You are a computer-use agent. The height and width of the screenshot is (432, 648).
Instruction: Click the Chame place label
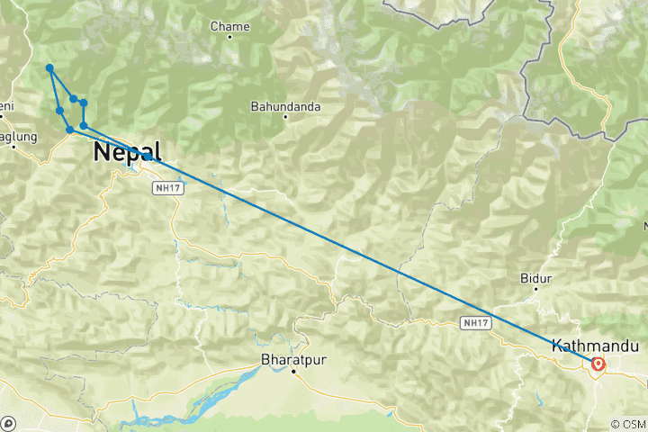[x=229, y=27]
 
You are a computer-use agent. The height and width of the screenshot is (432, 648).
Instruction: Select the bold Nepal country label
[x=126, y=153]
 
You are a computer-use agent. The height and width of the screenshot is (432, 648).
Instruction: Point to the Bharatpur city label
[x=292, y=360]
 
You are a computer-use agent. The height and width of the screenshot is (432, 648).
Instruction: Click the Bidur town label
[x=535, y=279]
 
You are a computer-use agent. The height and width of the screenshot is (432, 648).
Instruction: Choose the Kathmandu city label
[x=594, y=346]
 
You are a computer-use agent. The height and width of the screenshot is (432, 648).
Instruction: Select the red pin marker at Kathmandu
[x=598, y=364]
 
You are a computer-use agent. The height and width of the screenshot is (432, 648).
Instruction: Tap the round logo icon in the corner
[x=8, y=423]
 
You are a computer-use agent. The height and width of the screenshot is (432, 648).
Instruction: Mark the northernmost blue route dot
[x=50, y=68]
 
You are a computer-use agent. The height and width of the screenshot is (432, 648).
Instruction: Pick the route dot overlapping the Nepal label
[x=146, y=157]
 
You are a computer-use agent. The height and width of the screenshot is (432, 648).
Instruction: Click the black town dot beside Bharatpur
[x=293, y=372]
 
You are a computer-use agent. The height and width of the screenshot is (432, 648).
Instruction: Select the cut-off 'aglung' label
[x=18, y=137]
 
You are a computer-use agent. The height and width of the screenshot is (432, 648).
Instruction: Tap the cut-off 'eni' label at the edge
[x=7, y=107]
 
